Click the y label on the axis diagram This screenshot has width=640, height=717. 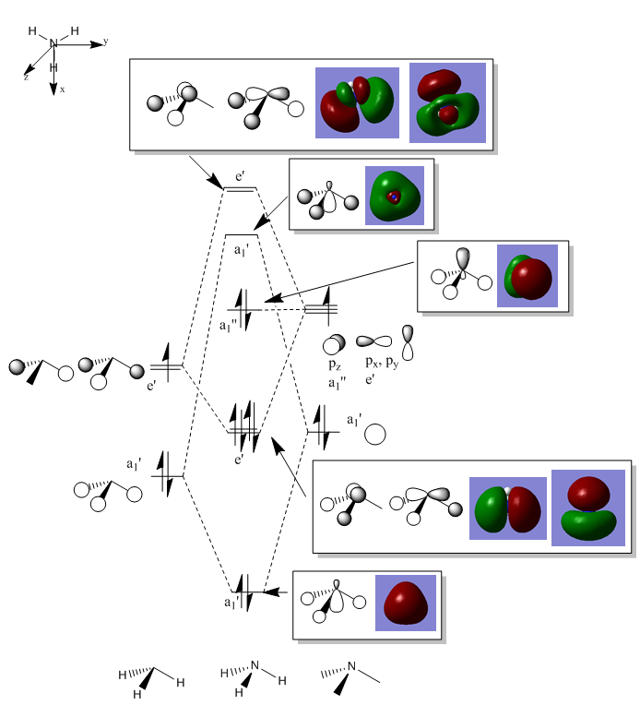click(x=106, y=42)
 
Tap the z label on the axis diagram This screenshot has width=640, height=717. click(x=26, y=78)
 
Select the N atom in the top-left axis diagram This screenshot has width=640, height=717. click(x=53, y=43)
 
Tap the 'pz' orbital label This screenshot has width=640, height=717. click(x=334, y=364)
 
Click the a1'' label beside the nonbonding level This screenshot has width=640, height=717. click(x=231, y=326)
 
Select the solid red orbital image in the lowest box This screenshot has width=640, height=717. click(x=405, y=603)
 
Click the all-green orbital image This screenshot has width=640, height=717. click(x=394, y=196)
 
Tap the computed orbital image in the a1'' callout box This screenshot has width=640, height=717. click(x=527, y=276)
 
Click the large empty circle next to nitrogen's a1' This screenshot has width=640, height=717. click(x=374, y=434)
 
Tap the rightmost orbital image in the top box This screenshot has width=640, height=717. click(x=447, y=102)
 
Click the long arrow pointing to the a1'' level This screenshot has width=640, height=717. click(x=341, y=282)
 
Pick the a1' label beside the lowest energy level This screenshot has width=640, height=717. click(x=231, y=603)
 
